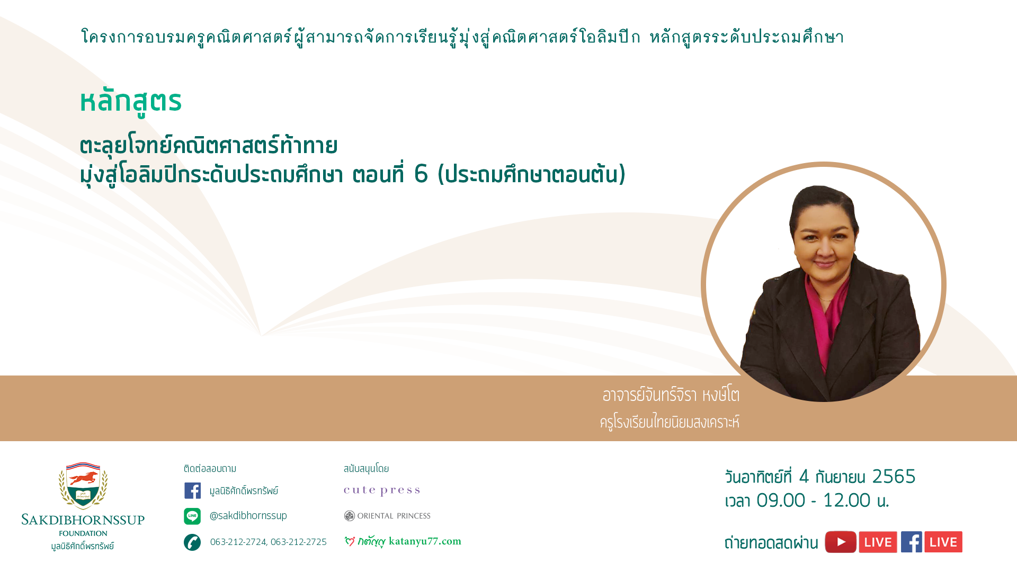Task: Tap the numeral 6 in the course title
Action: click(x=421, y=174)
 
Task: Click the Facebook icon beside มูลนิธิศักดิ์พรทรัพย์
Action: click(x=192, y=490)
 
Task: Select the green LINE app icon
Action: click(x=192, y=516)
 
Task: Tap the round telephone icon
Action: click(x=192, y=542)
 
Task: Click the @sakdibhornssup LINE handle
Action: click(x=248, y=516)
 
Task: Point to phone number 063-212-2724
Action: click(x=238, y=542)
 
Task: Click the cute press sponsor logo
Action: click(x=382, y=490)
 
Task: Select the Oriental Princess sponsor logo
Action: click(x=387, y=516)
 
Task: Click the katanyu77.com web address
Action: click(x=425, y=541)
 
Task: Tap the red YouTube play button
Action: click(x=841, y=542)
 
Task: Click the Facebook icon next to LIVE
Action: click(x=912, y=542)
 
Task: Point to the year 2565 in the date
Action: click(x=894, y=477)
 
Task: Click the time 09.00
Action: click(x=781, y=501)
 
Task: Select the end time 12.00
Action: click(x=846, y=501)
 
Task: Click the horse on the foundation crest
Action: click(x=83, y=478)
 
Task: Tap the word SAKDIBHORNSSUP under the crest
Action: click(x=83, y=520)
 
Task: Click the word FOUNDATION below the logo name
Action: click(x=83, y=533)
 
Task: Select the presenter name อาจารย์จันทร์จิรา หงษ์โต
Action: click(x=671, y=395)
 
